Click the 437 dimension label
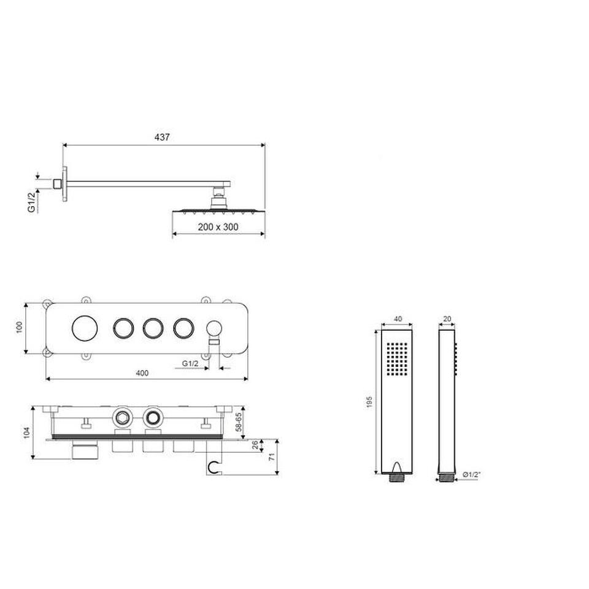162,137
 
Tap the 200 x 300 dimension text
218,227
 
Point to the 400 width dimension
142,373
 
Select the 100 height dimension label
20,327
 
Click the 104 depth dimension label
26,433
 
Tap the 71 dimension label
272,456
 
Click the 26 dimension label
255,445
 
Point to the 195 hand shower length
369,402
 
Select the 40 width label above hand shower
398,319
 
